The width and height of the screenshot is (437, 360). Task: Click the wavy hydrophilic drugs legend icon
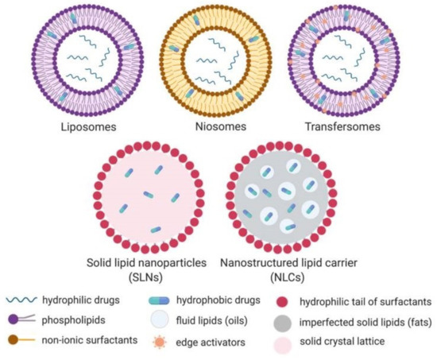[x=25, y=299]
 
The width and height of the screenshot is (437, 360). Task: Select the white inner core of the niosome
[x=218, y=60]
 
